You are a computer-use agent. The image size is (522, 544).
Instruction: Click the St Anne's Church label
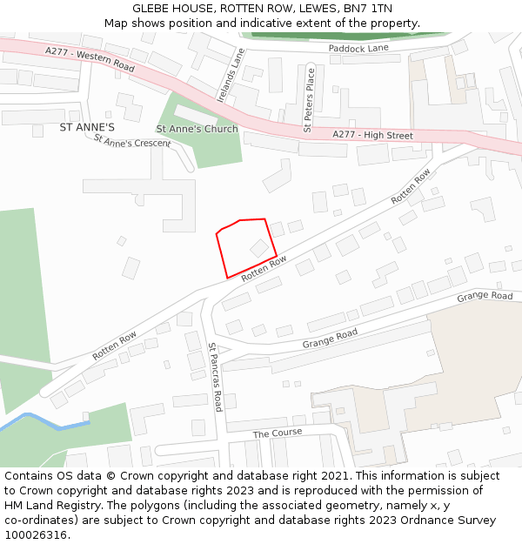pos(197,129)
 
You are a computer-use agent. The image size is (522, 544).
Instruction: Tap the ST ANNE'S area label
pos(87,127)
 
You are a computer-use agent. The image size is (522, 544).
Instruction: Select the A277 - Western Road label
pos(90,62)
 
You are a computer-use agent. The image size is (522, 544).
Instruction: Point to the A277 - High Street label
pos(372,135)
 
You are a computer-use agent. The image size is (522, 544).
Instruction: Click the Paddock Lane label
pos(358,49)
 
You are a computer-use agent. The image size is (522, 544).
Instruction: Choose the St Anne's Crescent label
pos(132,140)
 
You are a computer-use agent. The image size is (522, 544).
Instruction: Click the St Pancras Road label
pos(215,376)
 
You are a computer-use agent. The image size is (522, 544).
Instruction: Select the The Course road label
pos(278,433)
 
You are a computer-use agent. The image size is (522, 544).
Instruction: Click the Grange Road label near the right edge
pos(485,297)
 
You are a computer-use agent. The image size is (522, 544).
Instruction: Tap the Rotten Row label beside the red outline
pos(264,268)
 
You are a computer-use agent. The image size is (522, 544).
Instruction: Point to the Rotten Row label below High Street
pos(411,186)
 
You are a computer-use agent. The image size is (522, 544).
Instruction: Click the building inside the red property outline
pos(259,248)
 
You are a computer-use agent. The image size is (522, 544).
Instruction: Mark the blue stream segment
pos(43,422)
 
